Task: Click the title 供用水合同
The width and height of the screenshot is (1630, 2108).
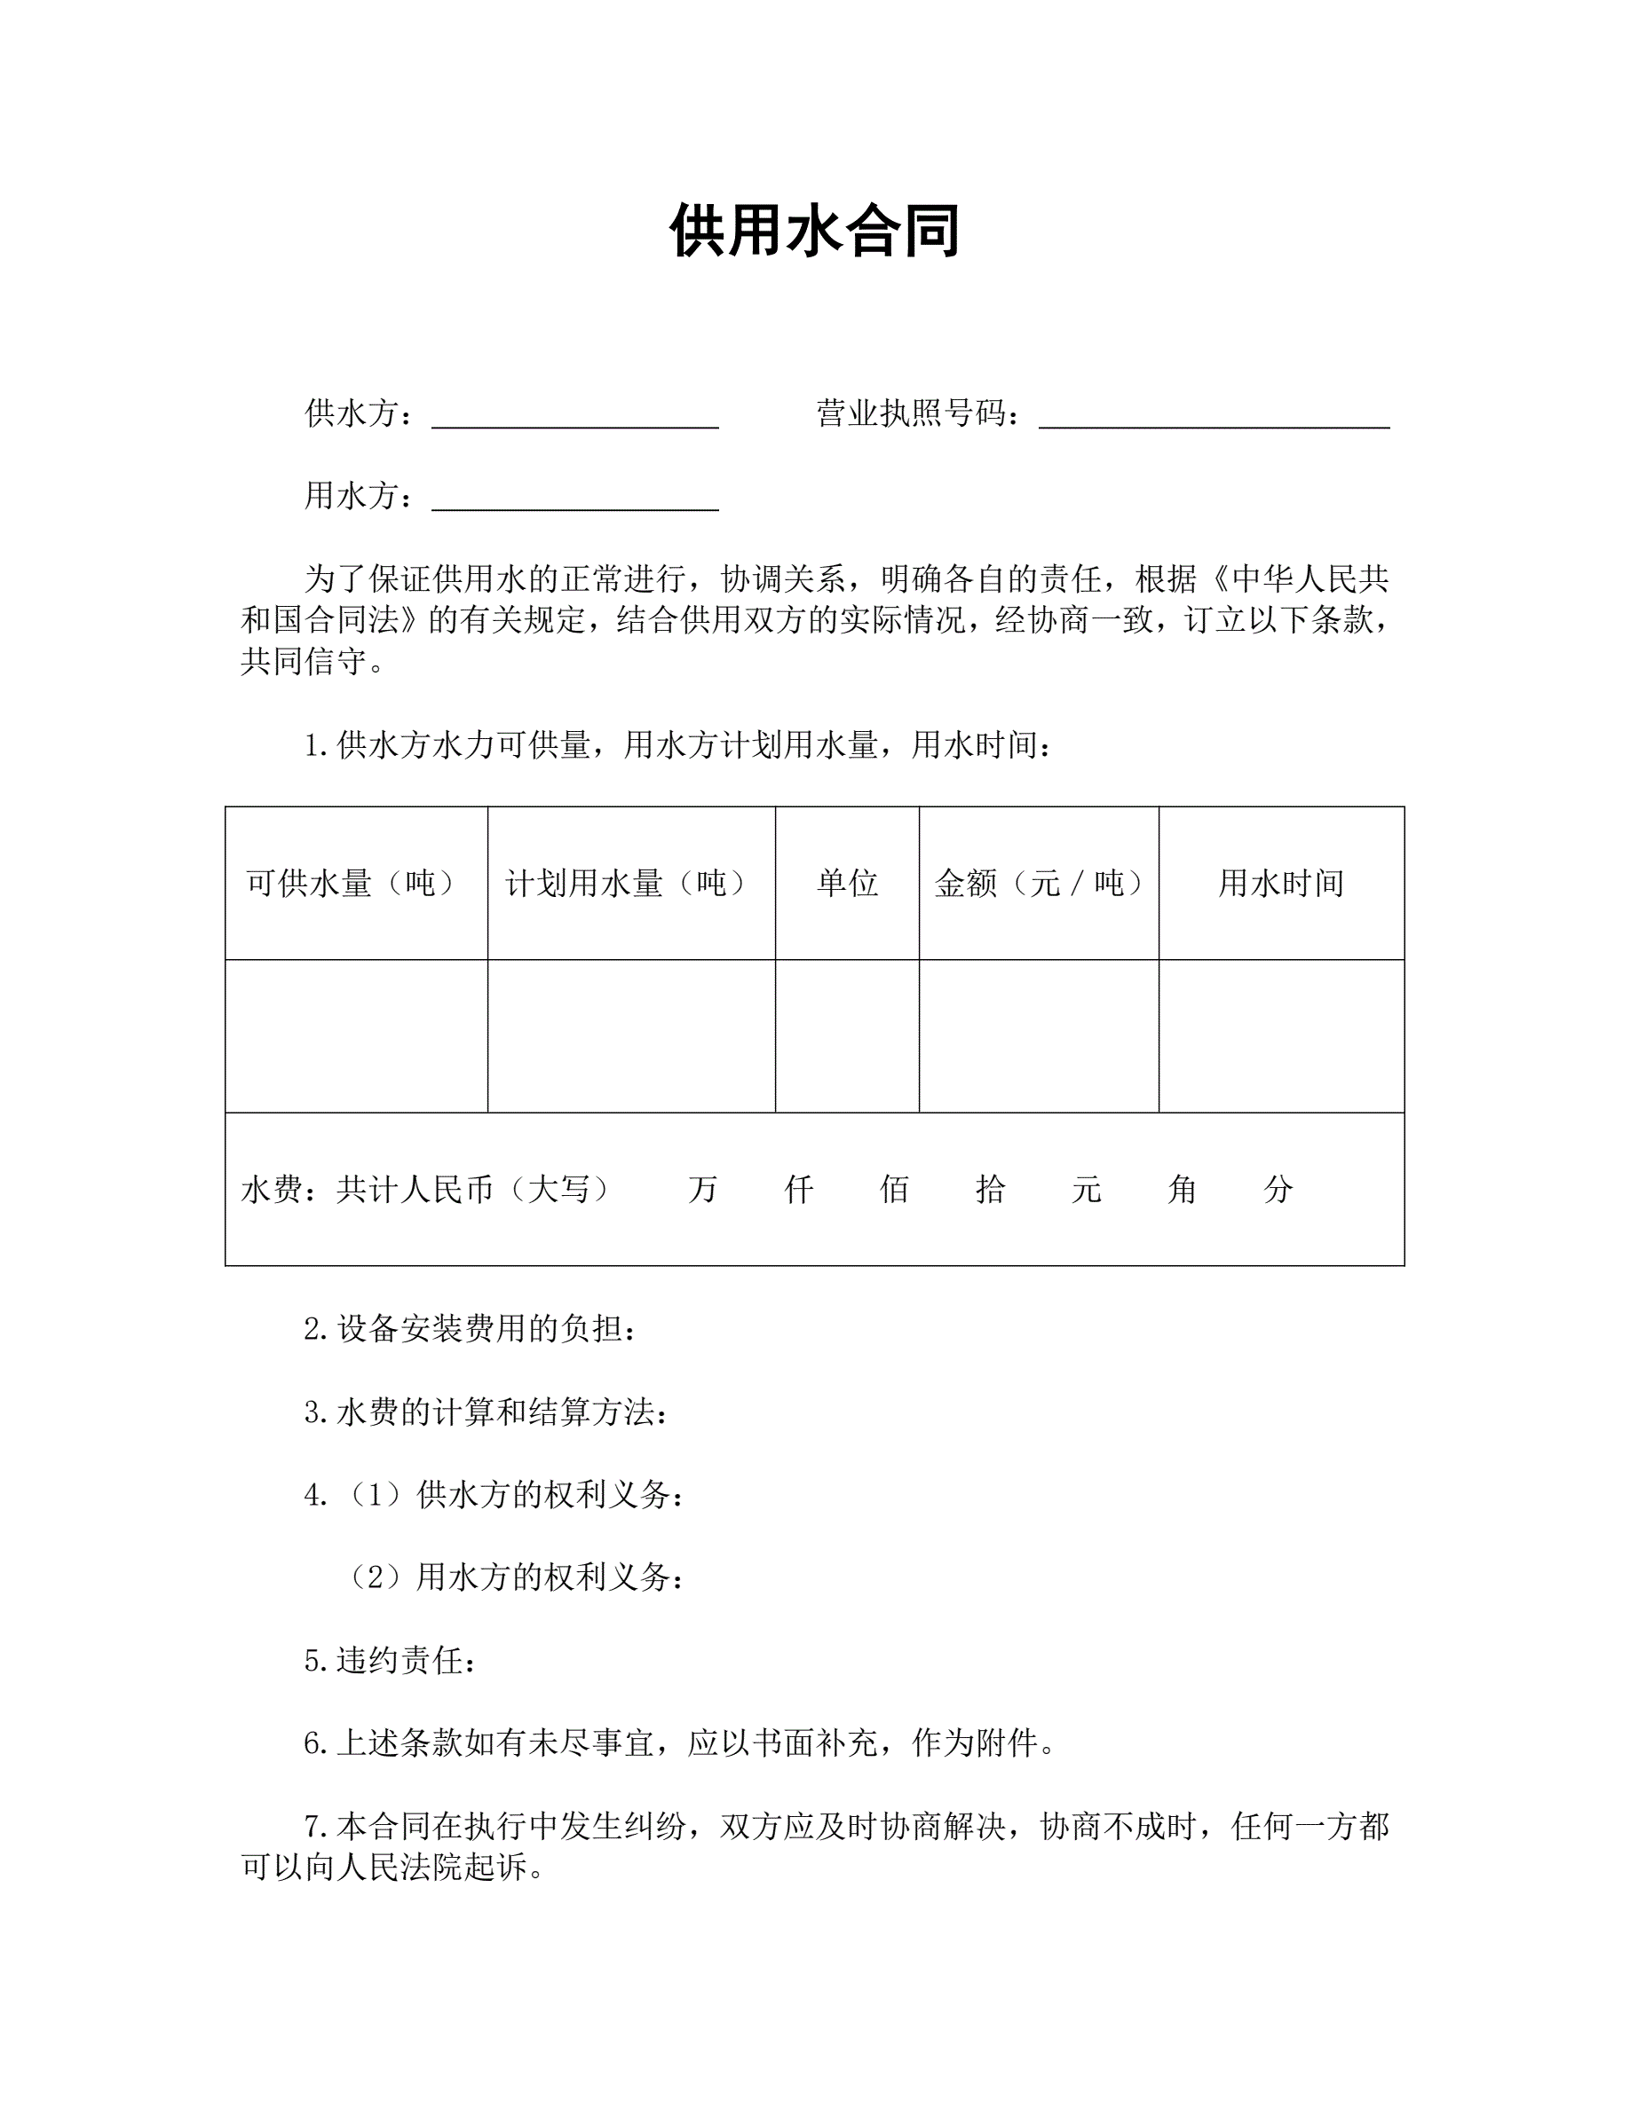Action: tap(814, 231)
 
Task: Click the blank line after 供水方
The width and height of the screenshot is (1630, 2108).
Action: tap(574, 417)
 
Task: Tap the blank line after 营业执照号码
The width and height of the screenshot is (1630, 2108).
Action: tap(1214, 417)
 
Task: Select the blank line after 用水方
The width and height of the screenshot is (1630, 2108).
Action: tap(574, 499)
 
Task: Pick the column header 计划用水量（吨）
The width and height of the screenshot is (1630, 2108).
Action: tap(627, 882)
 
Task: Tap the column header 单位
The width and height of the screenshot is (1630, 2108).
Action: tap(847, 882)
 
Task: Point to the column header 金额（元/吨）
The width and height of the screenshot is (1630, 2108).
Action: tap(1038, 882)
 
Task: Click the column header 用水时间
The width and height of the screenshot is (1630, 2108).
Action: tap(1280, 882)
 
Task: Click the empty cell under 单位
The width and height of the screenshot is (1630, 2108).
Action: tap(847, 1035)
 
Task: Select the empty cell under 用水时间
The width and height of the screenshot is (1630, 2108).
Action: tap(1280, 1035)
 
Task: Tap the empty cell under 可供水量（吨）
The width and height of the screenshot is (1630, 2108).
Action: tap(355, 1035)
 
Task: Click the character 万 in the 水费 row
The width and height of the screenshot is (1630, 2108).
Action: tap(702, 1189)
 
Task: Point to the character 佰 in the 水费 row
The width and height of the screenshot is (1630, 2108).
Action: tap(894, 1189)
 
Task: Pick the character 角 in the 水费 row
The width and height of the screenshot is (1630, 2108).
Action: tap(1182, 1189)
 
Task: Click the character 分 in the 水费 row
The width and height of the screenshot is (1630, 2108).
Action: tap(1278, 1189)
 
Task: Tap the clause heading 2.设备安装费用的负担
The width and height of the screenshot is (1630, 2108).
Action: tap(471, 1329)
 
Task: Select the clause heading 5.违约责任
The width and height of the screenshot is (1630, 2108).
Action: tap(390, 1660)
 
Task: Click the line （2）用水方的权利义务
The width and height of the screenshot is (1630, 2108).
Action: tap(517, 1577)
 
